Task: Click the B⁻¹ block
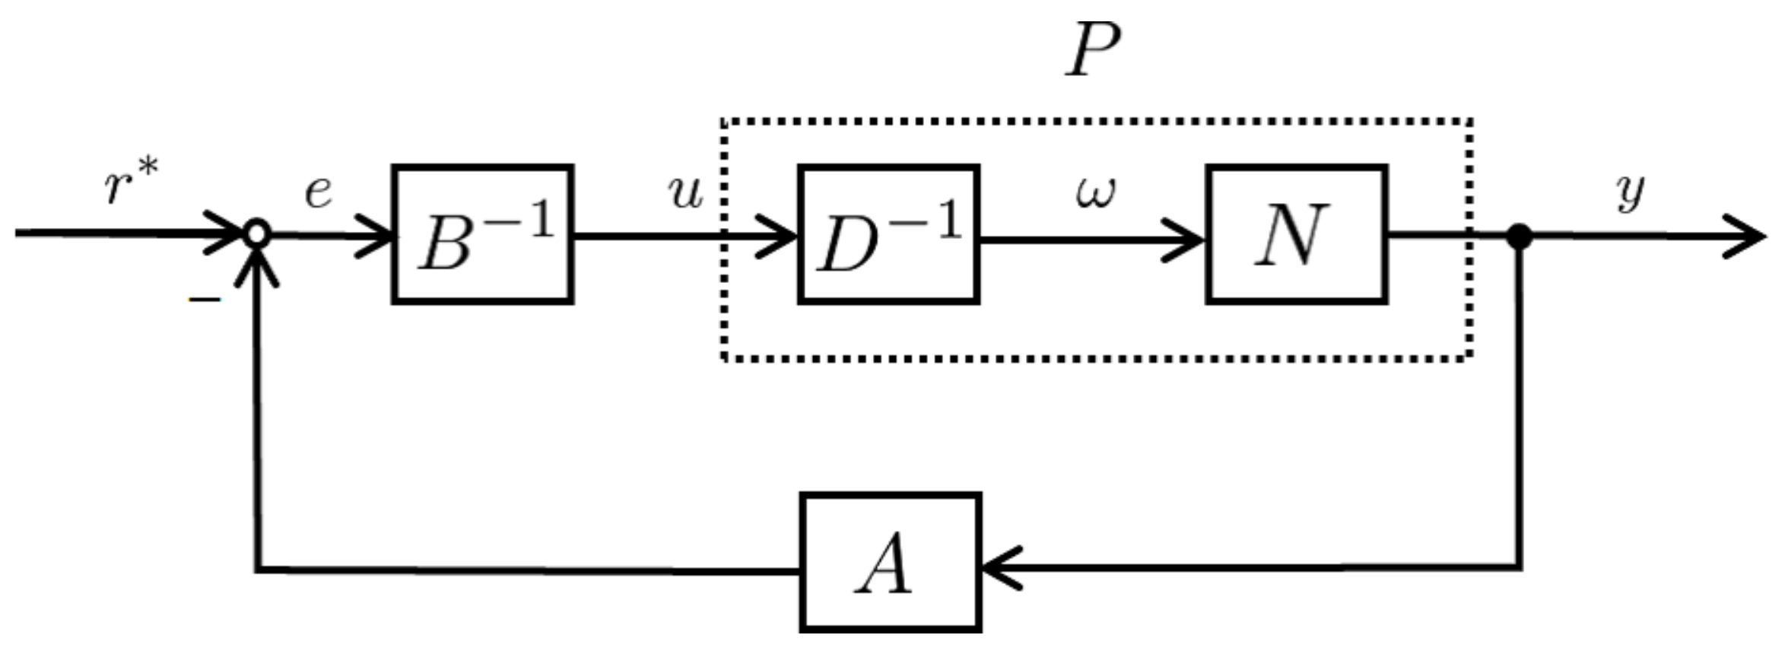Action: click(482, 234)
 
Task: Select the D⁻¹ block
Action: click(888, 234)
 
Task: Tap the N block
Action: click(1296, 234)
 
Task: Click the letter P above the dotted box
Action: click(1093, 49)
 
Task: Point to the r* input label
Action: click(131, 183)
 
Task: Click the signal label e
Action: click(318, 192)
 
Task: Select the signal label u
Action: click(685, 192)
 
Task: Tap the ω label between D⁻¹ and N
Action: click(1096, 192)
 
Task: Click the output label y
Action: click(1630, 192)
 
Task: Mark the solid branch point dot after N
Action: click(1519, 237)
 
